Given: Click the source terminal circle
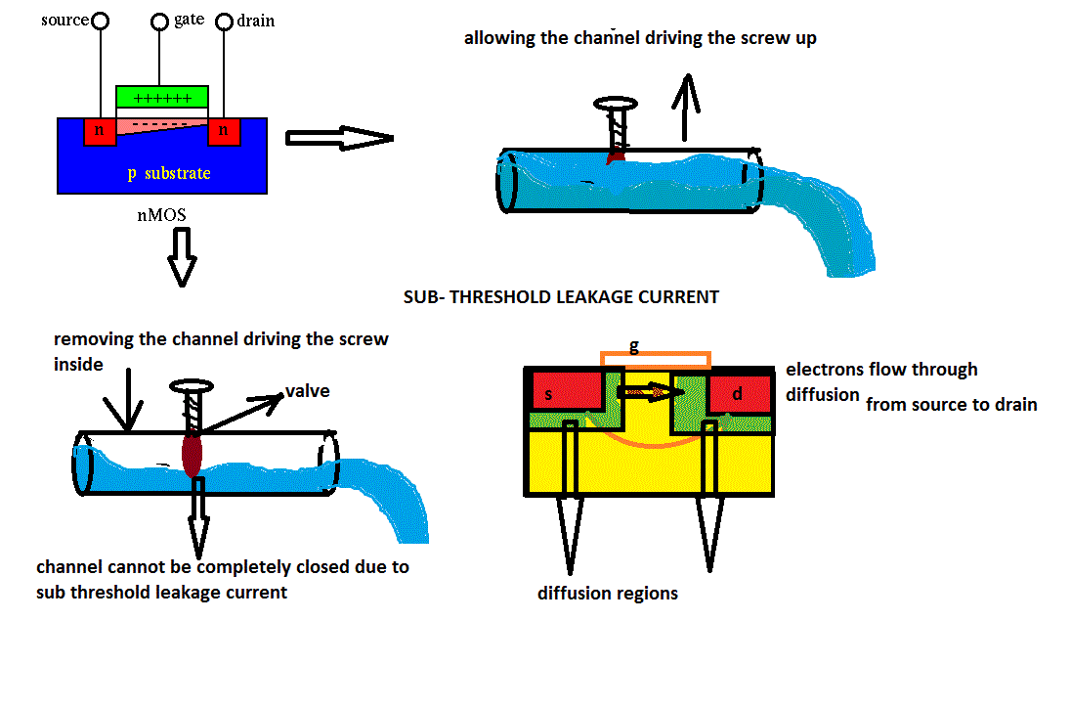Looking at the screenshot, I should point(99,21).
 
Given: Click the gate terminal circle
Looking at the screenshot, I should point(161,21).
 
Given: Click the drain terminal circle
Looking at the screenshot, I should point(224,21).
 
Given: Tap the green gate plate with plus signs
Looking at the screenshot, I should point(162,97).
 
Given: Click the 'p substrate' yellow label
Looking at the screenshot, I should point(169,174).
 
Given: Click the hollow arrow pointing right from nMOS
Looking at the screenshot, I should point(338,138).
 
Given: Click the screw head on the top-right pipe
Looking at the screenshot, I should point(618,104).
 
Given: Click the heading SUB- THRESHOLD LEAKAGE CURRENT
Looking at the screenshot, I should point(561,297).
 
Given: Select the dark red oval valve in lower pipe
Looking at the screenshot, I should point(192,455).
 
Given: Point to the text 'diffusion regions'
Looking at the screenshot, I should point(607,594).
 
